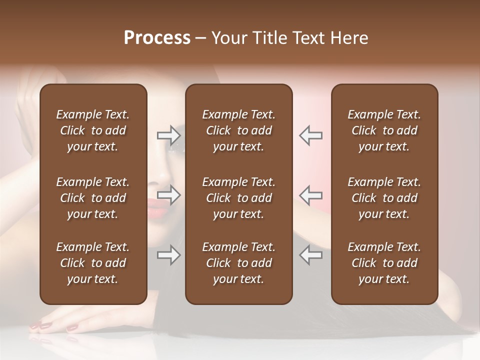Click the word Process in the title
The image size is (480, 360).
[157, 38]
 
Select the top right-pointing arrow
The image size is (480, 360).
[168, 135]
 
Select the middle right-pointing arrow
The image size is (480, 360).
[168, 195]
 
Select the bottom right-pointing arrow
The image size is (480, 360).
[168, 255]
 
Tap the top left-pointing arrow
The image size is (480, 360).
[311, 135]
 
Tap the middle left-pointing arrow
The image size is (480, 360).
[311, 195]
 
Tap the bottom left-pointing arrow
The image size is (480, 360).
[311, 255]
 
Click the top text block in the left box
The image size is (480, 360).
[93, 130]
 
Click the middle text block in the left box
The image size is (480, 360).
[93, 198]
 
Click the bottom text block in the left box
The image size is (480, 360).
[93, 263]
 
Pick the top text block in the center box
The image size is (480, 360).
[238, 130]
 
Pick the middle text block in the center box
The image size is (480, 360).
[238, 198]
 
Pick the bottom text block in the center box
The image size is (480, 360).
[238, 263]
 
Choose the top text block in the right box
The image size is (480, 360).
[384, 130]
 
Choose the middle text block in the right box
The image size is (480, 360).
[384, 198]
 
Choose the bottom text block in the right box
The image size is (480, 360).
[384, 263]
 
